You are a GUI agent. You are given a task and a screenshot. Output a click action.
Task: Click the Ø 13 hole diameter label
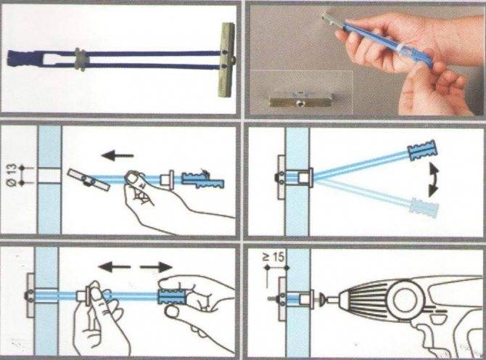click(x=12, y=175)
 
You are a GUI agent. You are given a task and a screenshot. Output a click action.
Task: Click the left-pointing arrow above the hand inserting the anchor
click(x=118, y=155)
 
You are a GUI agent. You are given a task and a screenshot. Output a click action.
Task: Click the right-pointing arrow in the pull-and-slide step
click(x=156, y=266)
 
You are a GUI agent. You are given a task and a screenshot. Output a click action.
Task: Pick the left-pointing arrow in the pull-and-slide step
click(x=115, y=266)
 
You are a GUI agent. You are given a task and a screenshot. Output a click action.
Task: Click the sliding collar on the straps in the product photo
click(x=81, y=60)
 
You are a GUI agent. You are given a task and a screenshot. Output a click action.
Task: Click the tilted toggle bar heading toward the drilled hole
click(x=88, y=180)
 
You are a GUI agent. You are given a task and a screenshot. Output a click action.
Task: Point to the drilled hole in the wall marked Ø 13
click(x=49, y=176)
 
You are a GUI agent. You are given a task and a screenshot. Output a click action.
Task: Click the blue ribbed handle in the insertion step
click(x=202, y=180)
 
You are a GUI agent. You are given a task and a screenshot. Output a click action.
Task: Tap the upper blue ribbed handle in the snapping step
click(x=423, y=150)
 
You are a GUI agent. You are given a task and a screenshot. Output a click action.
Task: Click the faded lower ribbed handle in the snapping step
click(x=424, y=206)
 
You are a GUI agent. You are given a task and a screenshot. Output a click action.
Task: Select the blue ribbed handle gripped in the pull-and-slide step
click(x=172, y=296)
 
